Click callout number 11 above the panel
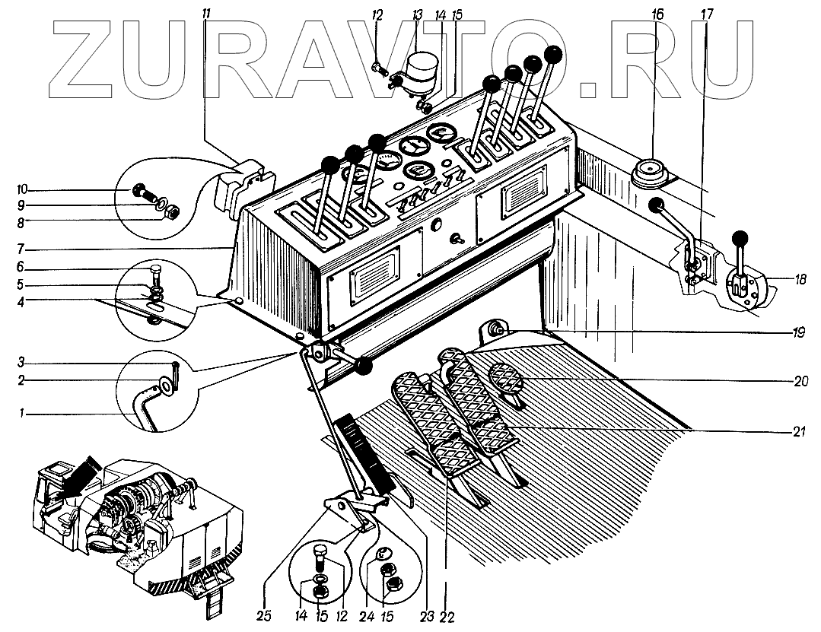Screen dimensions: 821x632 pyautogui.click(x=208, y=14)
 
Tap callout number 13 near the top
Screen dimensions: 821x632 pyautogui.click(x=416, y=14)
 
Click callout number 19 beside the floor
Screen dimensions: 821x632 pyautogui.click(x=798, y=332)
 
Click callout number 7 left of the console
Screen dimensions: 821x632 pyautogui.click(x=23, y=249)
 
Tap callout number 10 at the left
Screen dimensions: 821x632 pyautogui.click(x=24, y=189)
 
